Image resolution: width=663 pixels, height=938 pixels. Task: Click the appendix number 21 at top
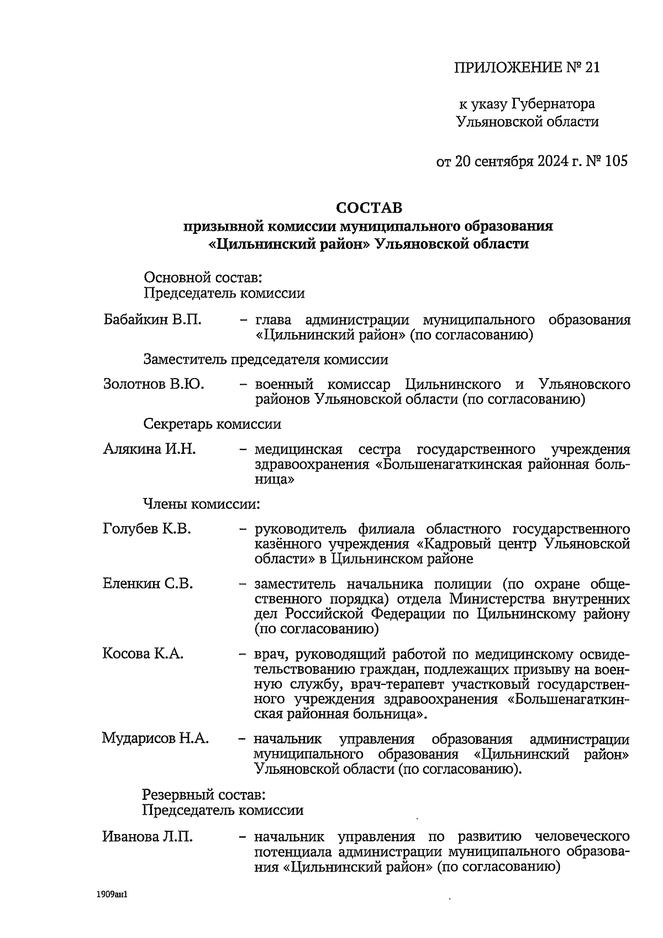591,67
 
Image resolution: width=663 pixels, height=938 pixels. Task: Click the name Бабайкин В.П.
152,320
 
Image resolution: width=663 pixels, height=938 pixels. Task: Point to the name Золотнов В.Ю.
154,384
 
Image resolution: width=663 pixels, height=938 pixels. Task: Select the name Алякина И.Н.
149,449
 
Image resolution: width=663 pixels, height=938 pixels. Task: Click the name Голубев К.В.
147,529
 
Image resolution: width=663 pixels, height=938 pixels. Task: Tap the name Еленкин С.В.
148,583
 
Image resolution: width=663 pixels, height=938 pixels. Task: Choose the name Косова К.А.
143,653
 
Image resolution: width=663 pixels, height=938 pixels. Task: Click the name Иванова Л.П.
148,836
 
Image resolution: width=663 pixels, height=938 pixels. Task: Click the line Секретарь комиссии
212,424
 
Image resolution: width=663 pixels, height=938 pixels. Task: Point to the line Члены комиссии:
202,504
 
